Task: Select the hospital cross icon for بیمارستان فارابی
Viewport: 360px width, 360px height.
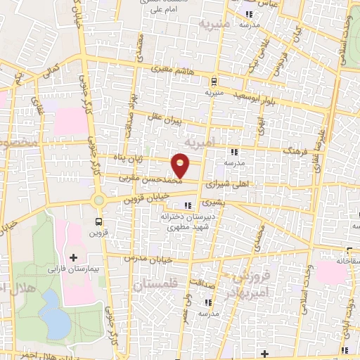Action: [x=73, y=258]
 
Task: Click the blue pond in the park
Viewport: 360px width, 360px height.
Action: [x=53, y=307]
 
